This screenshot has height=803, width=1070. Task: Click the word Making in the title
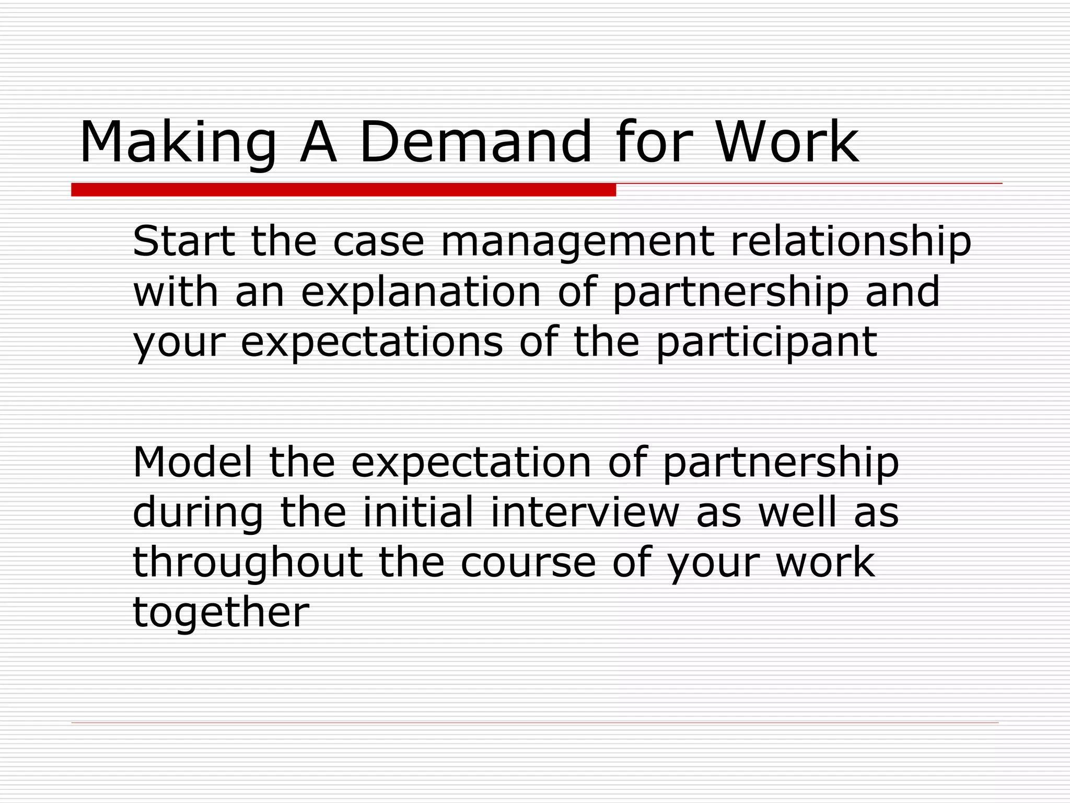[x=178, y=142]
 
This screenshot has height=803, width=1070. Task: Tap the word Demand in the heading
[x=475, y=142]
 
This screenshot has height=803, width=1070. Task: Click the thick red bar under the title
[x=343, y=190]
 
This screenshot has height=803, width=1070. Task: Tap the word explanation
[x=421, y=293]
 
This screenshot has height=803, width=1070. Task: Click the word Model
[x=192, y=462]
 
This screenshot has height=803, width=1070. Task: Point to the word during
[x=198, y=513]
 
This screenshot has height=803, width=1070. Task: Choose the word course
[x=528, y=564]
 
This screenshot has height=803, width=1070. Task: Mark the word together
[x=221, y=613]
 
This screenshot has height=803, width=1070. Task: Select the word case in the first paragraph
[x=379, y=243]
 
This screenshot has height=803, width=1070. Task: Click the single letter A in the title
[x=318, y=142]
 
